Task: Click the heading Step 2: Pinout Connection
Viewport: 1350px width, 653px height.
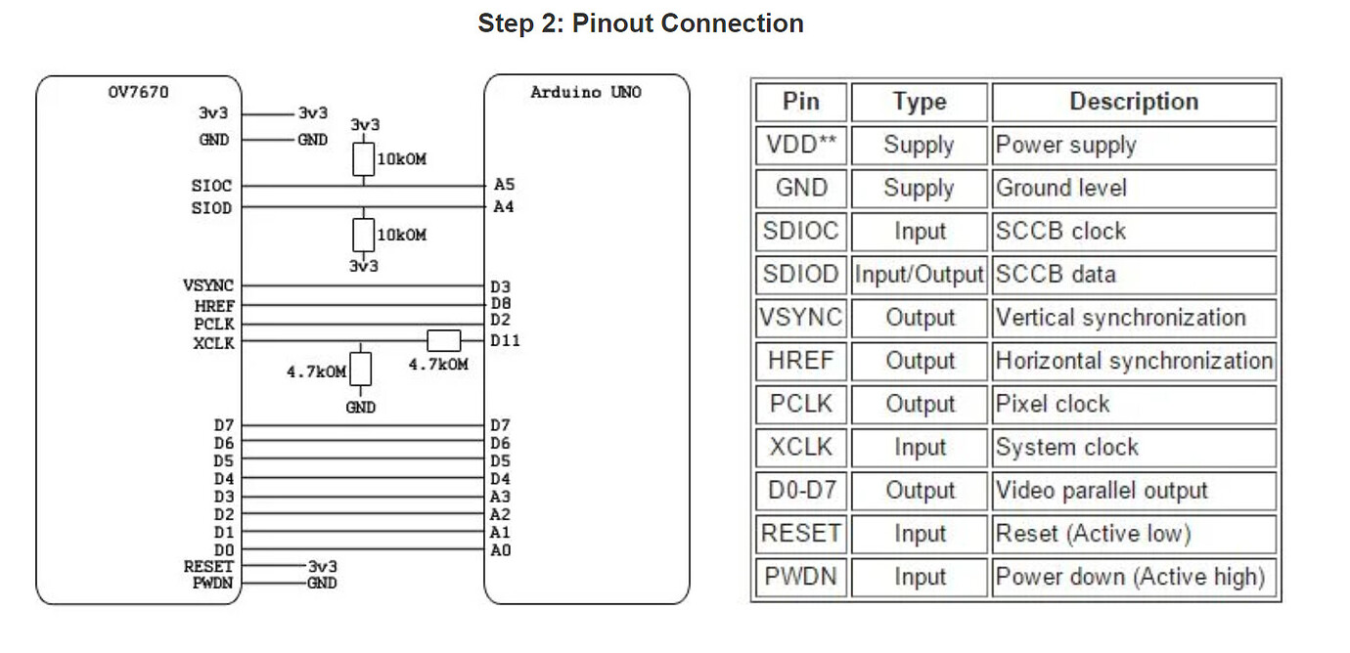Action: (641, 23)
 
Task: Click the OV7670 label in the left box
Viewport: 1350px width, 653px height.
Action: (138, 93)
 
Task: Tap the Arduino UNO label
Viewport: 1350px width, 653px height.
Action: (586, 93)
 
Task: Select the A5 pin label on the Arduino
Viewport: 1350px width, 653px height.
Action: (504, 184)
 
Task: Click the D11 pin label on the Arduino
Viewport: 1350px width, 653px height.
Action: (506, 340)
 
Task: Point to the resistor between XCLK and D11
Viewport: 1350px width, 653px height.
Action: (444, 340)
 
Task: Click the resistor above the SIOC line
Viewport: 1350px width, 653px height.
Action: (363, 159)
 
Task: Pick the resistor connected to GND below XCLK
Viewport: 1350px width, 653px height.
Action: (362, 370)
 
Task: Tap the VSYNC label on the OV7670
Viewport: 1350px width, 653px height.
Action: (208, 285)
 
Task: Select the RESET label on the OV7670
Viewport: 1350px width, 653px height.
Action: (208, 567)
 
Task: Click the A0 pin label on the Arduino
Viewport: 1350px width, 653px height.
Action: (500, 550)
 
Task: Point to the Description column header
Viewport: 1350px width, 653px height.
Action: (1133, 102)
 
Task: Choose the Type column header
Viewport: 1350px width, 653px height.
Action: (919, 102)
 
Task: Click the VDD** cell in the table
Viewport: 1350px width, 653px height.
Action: (801, 146)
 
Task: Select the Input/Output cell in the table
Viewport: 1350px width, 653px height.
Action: (919, 275)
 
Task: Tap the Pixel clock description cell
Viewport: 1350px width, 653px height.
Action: (1133, 405)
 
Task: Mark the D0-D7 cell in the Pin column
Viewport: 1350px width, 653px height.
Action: (801, 491)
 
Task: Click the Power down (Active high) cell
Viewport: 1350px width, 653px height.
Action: (1133, 577)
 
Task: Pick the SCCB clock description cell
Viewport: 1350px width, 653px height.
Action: (1133, 232)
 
